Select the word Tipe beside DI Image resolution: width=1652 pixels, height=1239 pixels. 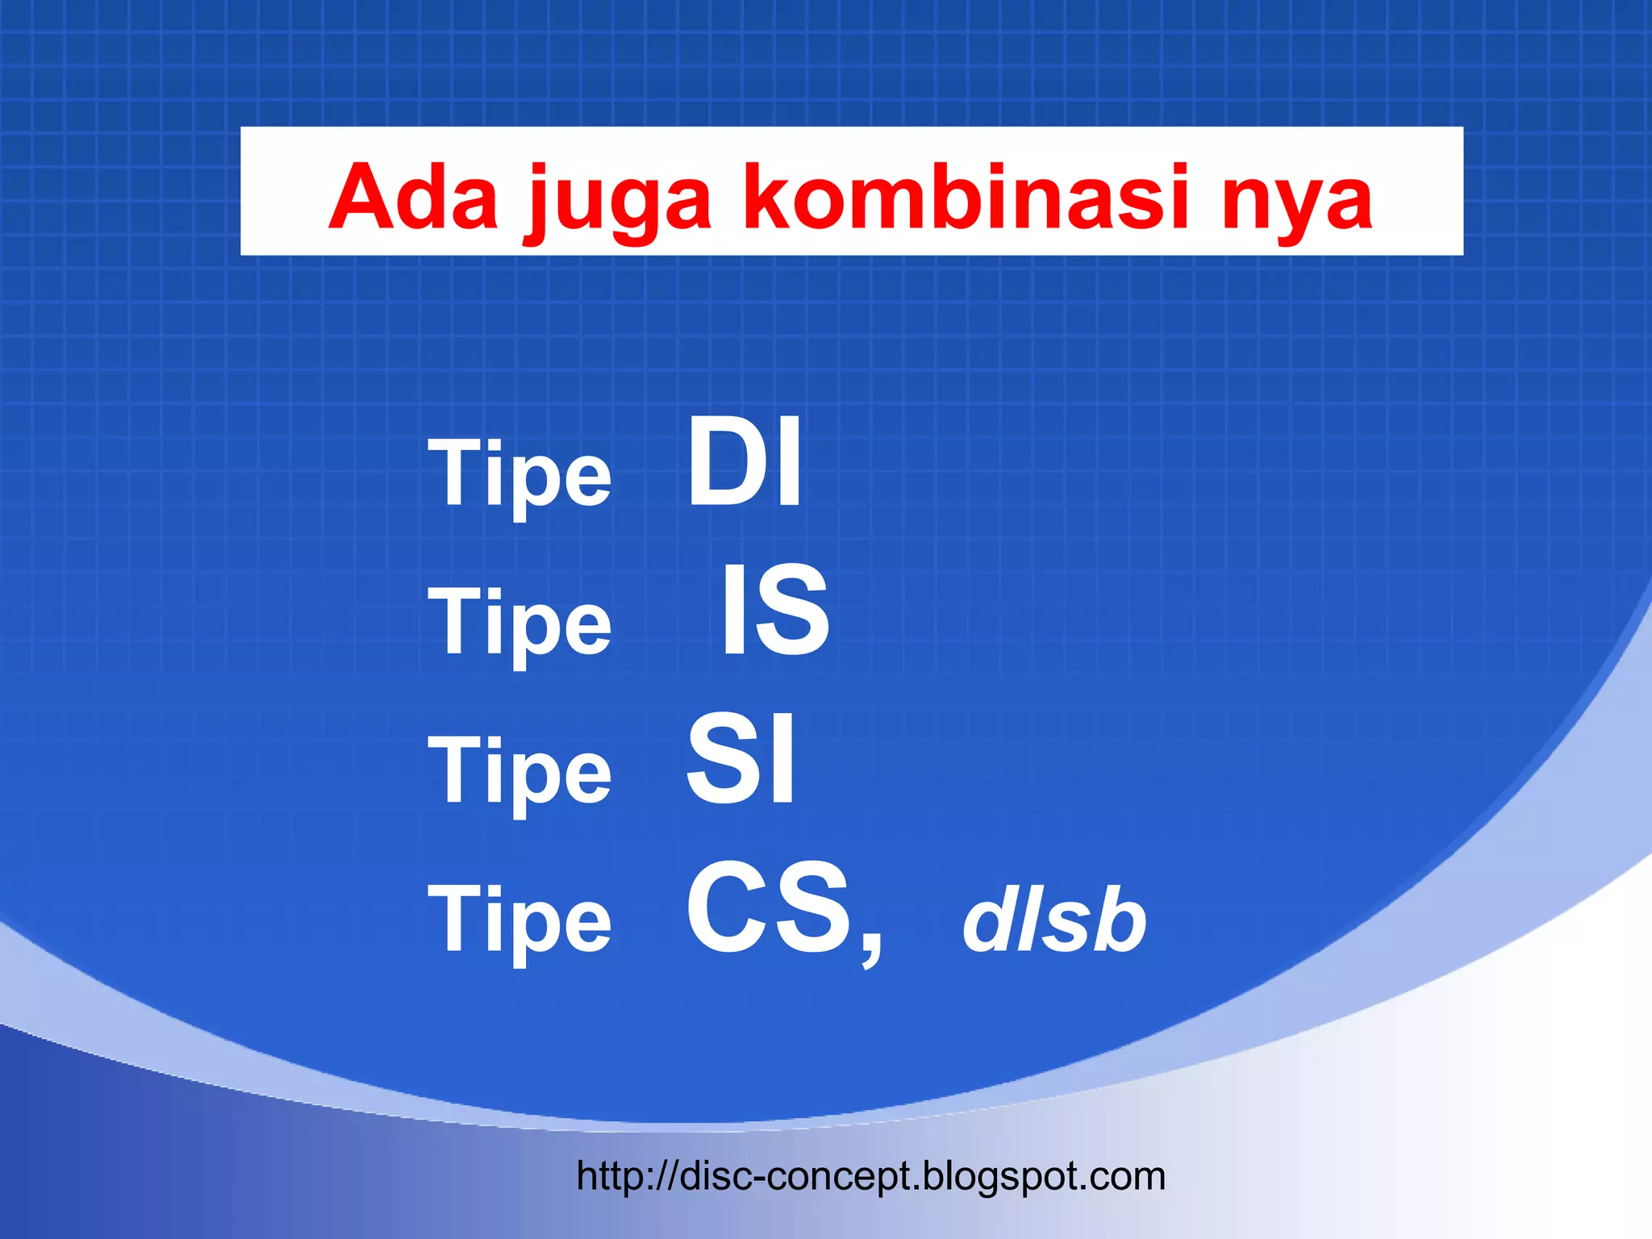point(519,476)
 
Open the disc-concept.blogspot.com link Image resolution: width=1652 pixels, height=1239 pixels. point(871,1177)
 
